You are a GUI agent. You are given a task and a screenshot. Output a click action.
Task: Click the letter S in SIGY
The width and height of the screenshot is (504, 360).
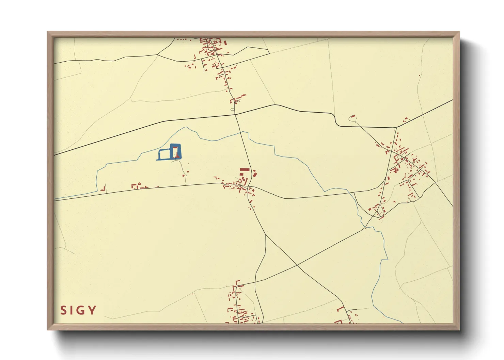pyautogui.click(x=63, y=310)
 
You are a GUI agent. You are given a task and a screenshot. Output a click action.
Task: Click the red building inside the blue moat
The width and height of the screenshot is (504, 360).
pyautogui.click(x=175, y=152)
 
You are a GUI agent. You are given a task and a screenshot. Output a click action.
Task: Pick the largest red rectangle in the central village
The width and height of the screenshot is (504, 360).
pyautogui.click(x=245, y=169)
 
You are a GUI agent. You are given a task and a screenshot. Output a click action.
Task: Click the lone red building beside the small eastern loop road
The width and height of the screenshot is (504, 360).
pyautogui.click(x=352, y=116)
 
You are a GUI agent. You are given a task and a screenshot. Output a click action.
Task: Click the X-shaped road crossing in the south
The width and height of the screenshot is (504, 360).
pyautogui.click(x=297, y=265)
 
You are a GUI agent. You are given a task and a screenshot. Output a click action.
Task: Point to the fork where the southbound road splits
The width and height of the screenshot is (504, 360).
pyautogui.click(x=266, y=235)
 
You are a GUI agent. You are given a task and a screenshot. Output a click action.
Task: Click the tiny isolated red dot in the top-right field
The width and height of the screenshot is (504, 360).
pyautogui.click(x=420, y=75)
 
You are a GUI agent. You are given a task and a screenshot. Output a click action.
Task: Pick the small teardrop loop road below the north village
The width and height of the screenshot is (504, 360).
pyautogui.click(x=233, y=109)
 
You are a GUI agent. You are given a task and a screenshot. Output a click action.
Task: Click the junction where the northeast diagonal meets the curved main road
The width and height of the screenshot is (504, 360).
pyautogui.click(x=396, y=128)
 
